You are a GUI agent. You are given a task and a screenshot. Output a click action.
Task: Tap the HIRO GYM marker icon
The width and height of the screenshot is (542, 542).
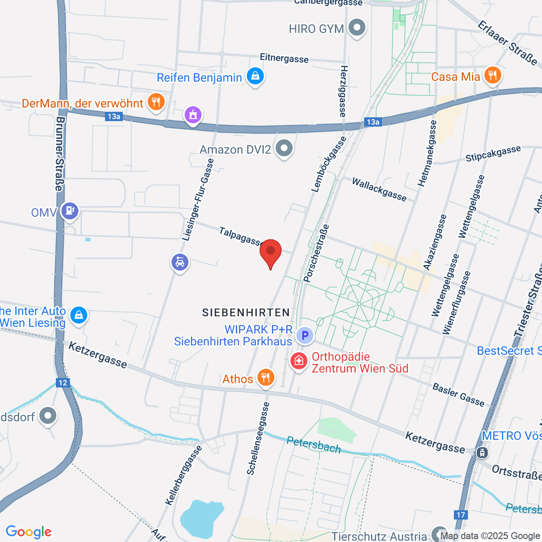358,28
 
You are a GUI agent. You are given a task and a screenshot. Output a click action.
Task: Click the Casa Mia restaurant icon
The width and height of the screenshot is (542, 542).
492,75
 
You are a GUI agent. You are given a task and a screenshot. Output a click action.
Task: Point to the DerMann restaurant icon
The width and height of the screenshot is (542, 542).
156,102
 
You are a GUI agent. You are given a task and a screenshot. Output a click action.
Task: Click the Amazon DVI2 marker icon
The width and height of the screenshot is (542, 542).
284,148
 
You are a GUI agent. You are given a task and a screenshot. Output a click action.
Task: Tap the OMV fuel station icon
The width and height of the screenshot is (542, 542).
70,211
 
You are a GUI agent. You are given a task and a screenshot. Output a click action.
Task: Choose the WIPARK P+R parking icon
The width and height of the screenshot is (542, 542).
305,336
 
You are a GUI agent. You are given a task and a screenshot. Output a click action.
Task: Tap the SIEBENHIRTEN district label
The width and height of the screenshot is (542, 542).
246,312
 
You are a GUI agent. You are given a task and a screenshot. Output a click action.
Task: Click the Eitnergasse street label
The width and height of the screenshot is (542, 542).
284,58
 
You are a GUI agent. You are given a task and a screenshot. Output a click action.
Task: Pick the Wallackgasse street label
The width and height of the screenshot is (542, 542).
379,189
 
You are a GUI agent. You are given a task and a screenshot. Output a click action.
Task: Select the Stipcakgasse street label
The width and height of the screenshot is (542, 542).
493,154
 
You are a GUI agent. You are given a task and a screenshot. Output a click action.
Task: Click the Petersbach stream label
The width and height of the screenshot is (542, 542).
313,445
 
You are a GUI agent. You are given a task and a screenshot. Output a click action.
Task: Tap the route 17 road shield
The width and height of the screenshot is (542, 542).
460,515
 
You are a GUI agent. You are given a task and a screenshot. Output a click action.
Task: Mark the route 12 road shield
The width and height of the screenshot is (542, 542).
62,383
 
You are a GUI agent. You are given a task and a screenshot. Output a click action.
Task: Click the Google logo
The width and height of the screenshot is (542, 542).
28,532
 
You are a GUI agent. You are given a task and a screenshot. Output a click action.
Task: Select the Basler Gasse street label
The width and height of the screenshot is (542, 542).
458,395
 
